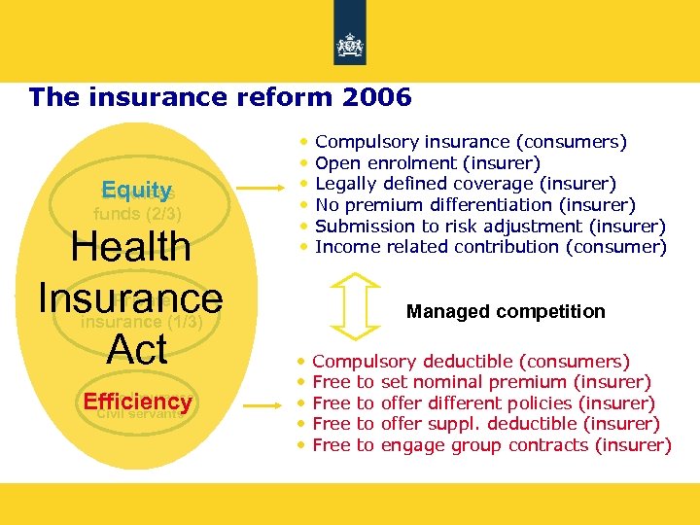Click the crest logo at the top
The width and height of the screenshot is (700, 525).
[349, 45]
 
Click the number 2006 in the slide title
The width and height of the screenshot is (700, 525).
[378, 97]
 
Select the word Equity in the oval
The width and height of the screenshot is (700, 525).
[137, 190]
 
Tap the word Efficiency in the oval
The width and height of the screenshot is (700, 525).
[137, 402]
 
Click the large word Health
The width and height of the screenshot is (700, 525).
[131, 246]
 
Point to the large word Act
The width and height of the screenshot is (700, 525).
[137, 349]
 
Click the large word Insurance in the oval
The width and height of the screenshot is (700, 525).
[130, 297]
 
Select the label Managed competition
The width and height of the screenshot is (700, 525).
[505, 311]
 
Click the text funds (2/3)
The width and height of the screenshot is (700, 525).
[137, 213]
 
